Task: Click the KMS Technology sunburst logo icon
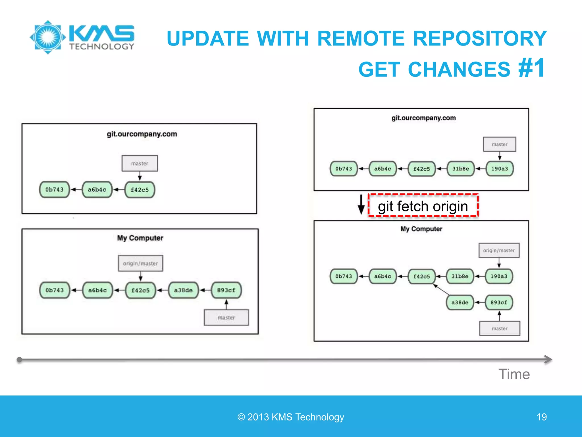click(x=48, y=37)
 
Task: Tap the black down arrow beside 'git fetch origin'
click(x=361, y=204)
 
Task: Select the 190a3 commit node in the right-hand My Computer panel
click(x=499, y=276)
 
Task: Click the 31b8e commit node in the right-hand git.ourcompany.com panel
click(x=461, y=169)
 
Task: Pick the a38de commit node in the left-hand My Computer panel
click(x=183, y=290)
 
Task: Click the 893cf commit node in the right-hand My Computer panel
click(x=499, y=302)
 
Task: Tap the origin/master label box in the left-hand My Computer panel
click(x=140, y=263)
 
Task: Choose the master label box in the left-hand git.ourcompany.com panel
click(x=140, y=163)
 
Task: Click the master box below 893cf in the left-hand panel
click(x=226, y=318)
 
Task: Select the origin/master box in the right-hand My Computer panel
click(x=499, y=250)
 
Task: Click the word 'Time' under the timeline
click(x=514, y=374)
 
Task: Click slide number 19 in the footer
click(x=542, y=417)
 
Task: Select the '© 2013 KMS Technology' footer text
click(x=291, y=417)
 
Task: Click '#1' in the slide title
click(x=531, y=68)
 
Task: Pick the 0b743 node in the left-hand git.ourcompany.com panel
click(x=54, y=189)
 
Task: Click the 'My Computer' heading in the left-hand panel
click(x=140, y=238)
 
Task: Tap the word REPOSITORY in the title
click(x=480, y=38)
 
